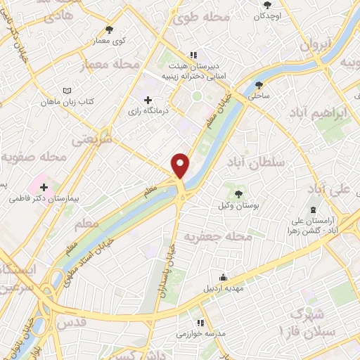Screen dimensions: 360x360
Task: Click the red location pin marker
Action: click(x=181, y=166)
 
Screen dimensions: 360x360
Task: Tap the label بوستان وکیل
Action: click(x=238, y=205)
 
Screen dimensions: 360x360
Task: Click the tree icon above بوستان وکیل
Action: click(x=238, y=193)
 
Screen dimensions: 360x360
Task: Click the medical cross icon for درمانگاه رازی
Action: click(x=148, y=100)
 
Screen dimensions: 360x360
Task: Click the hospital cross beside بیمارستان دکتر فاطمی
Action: click(x=45, y=187)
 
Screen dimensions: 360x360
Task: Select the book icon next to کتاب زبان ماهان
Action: click(x=67, y=91)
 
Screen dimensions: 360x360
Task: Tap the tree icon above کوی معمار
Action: click(x=109, y=30)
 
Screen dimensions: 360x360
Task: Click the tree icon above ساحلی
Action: click(x=259, y=85)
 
